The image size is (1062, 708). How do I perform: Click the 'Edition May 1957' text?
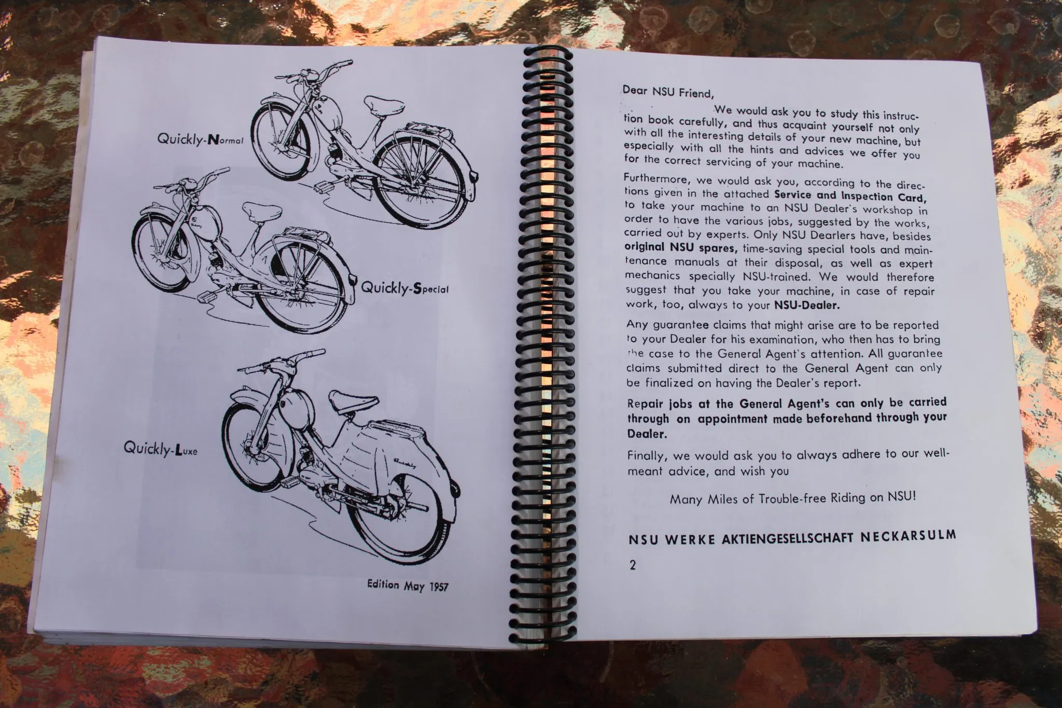point(407,586)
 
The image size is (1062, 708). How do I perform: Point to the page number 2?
point(632,565)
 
